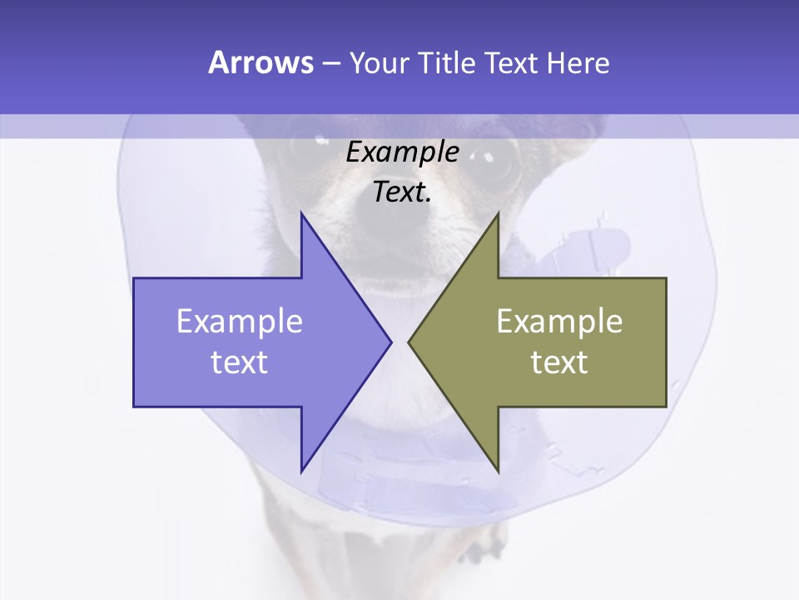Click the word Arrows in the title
pyautogui.click(x=261, y=62)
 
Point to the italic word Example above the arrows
pyautogui.click(x=403, y=152)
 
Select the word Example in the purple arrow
pyautogui.click(x=240, y=322)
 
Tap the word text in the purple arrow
pyautogui.click(x=240, y=362)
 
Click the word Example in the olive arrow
pyautogui.click(x=559, y=322)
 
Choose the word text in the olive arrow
pyautogui.click(x=559, y=362)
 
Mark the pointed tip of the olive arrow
pyautogui.click(x=409, y=342)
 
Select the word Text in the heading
pyautogui.click(x=512, y=62)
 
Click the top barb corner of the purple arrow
pyautogui.click(x=302, y=214)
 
